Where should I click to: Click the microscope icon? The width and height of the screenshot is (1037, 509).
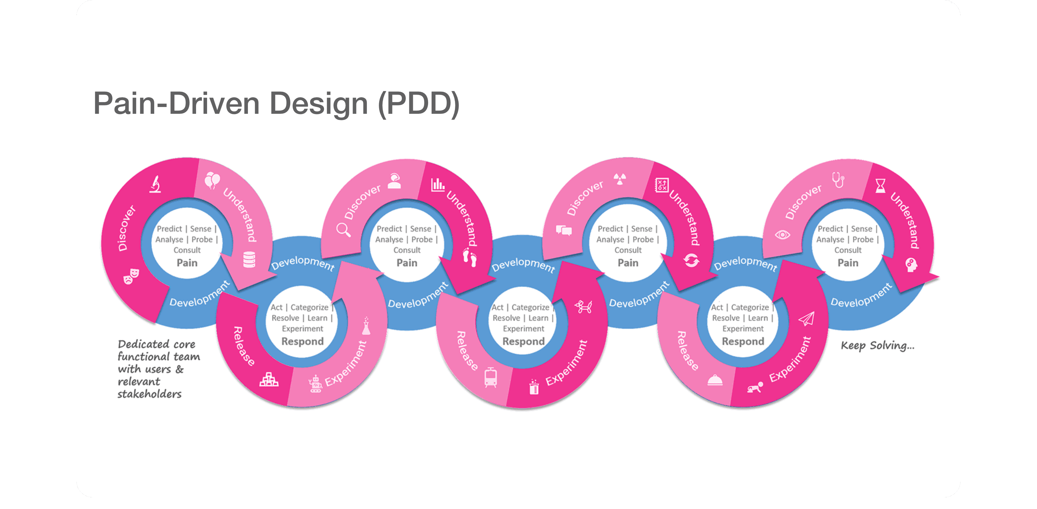tap(156, 184)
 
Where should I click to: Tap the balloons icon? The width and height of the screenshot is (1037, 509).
tap(212, 180)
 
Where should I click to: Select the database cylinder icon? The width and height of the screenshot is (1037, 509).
tap(249, 260)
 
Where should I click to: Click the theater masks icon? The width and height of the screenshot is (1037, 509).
tap(131, 276)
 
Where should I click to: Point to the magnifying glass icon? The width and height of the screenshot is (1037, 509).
tap(343, 230)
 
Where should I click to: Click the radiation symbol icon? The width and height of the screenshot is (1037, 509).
tap(620, 178)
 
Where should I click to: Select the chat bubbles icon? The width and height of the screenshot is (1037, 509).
tap(564, 230)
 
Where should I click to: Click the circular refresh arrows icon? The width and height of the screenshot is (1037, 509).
tap(691, 261)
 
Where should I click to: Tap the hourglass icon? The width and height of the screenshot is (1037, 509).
tap(880, 186)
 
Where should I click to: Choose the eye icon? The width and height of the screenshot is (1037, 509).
tap(783, 234)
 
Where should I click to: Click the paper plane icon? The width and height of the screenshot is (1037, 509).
tap(806, 318)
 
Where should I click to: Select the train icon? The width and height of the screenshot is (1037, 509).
tap(490, 377)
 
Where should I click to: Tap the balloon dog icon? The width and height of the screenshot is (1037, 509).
tap(583, 307)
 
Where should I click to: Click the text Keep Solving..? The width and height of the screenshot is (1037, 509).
tap(877, 346)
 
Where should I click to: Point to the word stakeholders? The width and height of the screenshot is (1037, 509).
tap(149, 394)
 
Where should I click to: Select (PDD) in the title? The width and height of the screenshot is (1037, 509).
tap(419, 104)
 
